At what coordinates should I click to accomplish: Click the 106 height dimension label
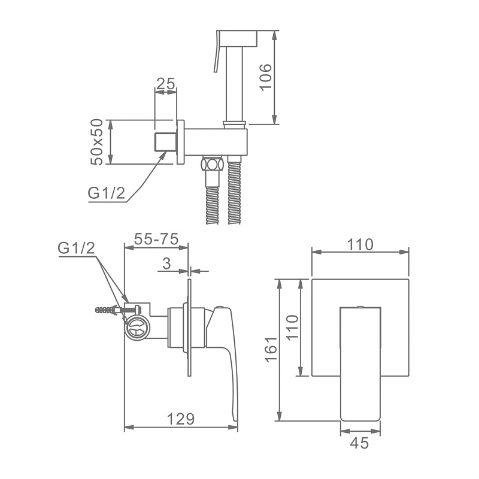265,77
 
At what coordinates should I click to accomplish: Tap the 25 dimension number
166,84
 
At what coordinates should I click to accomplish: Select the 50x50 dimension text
98,142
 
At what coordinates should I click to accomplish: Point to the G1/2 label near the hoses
107,193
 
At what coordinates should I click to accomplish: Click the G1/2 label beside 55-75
77,248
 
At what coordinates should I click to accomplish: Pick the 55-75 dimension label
156,239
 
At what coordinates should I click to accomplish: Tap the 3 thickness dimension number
166,263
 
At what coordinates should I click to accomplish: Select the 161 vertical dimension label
271,350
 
